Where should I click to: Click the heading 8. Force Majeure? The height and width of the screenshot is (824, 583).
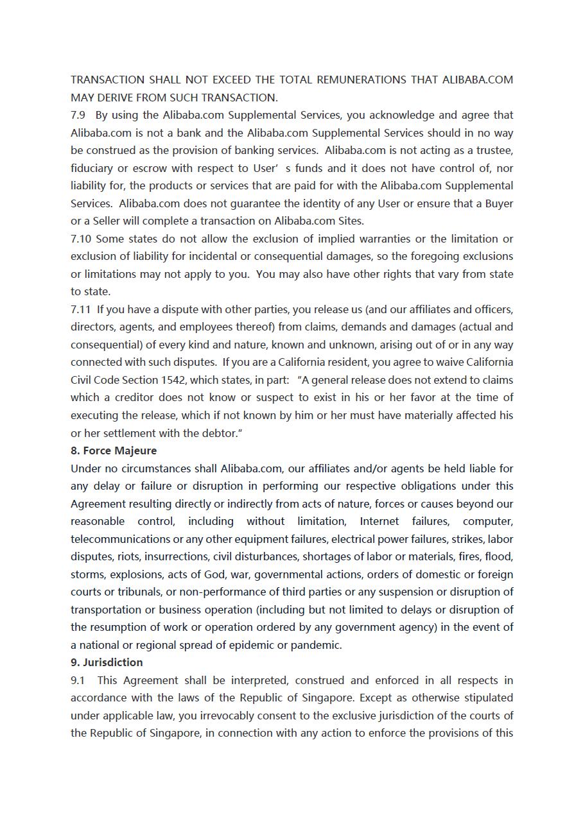pos(114,451)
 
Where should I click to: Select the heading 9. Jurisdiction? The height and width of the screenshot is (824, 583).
pos(107,662)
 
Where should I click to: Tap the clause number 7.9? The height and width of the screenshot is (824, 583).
pos(78,116)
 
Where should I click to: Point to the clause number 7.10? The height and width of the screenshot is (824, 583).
pos(81,239)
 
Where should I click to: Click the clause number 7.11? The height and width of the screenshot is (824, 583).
pos(81,309)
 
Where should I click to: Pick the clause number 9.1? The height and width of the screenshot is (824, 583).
pos(78,680)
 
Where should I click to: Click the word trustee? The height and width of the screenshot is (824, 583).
pos(494,151)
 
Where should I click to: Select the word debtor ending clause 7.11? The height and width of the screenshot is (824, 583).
pos(221,433)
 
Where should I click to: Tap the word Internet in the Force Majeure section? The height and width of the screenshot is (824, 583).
pos(381,521)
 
